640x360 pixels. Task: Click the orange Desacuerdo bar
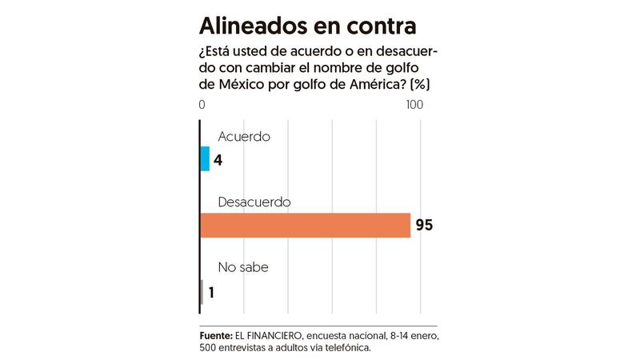304,225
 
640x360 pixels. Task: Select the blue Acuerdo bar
205,158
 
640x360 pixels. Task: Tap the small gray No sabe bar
202,292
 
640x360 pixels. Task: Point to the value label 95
424,226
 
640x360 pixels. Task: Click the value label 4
218,159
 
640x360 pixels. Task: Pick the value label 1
211,293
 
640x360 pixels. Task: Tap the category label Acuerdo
244,136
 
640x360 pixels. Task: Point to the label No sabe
242,268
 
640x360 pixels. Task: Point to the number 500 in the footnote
210,349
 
